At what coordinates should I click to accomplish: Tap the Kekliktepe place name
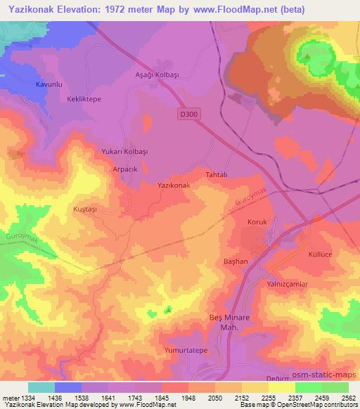[x=85, y=99]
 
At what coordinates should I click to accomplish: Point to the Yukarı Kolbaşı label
[x=125, y=152]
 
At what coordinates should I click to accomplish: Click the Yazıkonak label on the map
[x=173, y=185]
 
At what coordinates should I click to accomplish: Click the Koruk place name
[x=258, y=222]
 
